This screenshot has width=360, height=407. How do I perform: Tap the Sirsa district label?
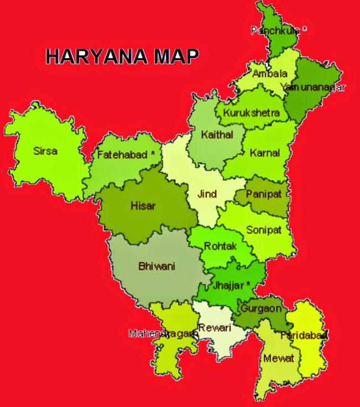(x=45, y=150)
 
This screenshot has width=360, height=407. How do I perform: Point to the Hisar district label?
(x=143, y=206)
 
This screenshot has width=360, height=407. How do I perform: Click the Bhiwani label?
(x=156, y=266)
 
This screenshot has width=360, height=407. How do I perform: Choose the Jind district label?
(x=207, y=194)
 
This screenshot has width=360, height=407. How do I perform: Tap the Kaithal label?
(x=217, y=134)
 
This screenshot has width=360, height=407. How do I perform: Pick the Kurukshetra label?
(x=252, y=113)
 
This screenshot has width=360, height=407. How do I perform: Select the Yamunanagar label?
(x=313, y=87)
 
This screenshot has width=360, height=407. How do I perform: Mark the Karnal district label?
(x=264, y=153)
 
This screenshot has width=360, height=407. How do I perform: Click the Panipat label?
(x=260, y=194)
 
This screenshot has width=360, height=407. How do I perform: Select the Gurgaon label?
(x=261, y=309)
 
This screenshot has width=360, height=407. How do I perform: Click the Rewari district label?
(x=214, y=327)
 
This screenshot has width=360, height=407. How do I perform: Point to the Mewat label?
(x=275, y=358)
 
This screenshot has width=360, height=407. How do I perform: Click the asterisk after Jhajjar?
(x=248, y=284)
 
